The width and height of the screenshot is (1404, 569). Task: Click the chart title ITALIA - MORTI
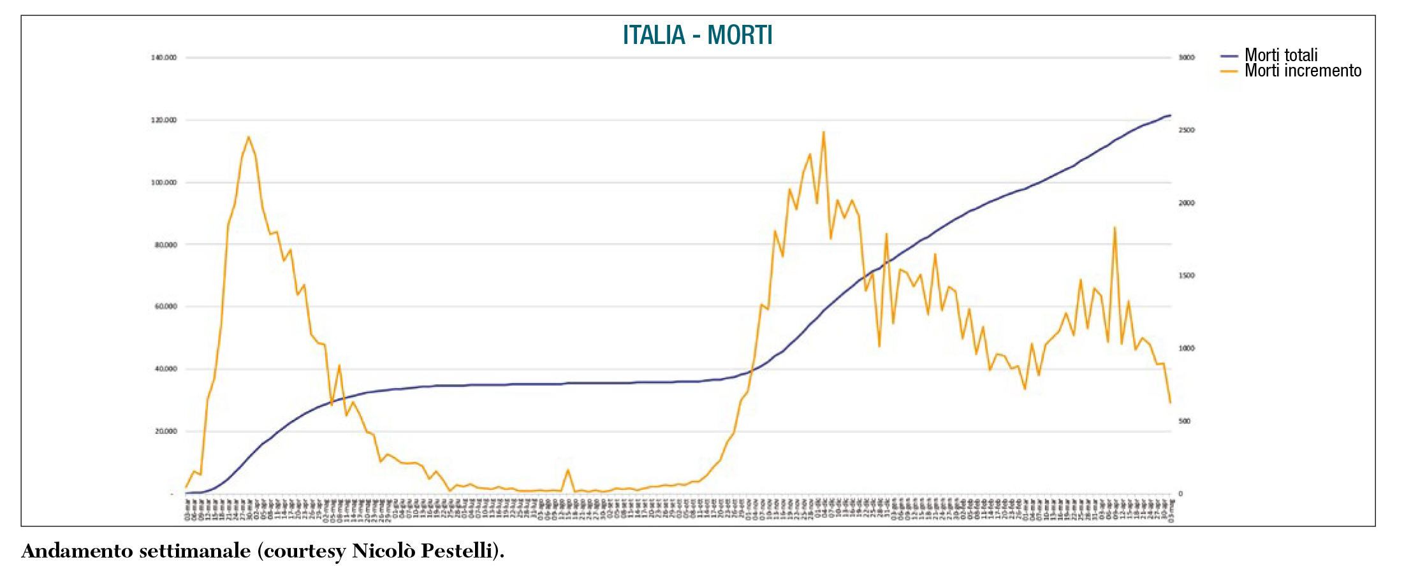(698, 35)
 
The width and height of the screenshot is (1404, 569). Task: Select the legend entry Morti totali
(1280, 55)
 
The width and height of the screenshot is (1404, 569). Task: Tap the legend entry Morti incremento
(1302, 71)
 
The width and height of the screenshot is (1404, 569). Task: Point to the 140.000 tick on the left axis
(164, 57)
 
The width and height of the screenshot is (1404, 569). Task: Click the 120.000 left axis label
(164, 120)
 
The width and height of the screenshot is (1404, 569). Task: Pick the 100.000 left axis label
(164, 182)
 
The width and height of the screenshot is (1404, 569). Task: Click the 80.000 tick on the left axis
(166, 245)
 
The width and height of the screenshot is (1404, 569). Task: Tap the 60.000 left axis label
(166, 306)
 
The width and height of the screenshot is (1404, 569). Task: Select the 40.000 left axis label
(166, 369)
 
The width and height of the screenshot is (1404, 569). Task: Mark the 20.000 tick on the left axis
(166, 431)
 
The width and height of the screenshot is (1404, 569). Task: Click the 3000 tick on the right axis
(1187, 57)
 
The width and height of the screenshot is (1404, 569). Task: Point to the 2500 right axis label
(1187, 130)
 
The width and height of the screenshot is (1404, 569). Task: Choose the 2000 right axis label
(1187, 203)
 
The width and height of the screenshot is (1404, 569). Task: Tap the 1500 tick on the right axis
(1187, 276)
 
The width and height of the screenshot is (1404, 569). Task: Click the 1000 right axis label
(1187, 349)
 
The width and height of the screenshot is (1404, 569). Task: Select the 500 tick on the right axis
(1185, 421)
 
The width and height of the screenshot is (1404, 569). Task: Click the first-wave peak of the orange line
(249, 136)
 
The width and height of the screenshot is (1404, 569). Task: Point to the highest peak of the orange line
(823, 132)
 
